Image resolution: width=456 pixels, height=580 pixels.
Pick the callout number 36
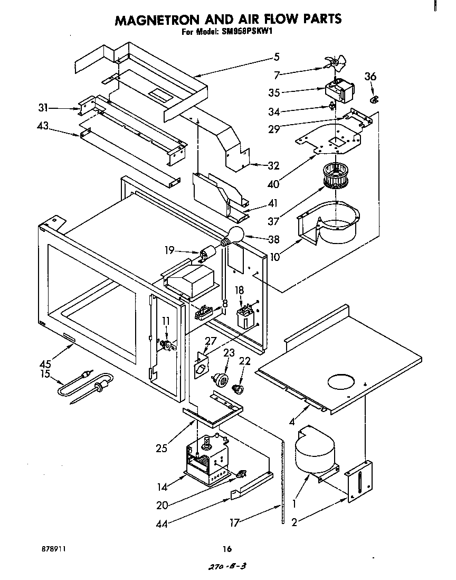(370, 77)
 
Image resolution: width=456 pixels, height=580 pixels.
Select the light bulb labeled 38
(235, 233)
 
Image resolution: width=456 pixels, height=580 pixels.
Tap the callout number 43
(43, 126)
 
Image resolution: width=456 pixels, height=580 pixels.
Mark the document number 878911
(53, 549)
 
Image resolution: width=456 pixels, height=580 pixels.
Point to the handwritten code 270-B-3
(227, 566)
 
